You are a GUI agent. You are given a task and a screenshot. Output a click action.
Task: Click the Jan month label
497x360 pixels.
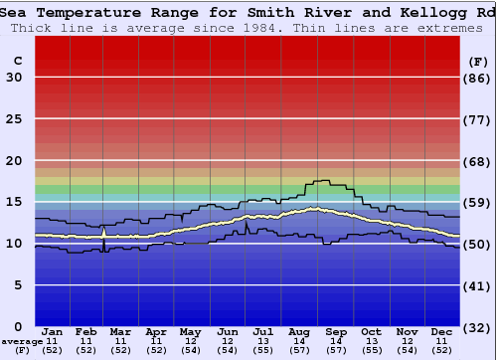click(x=53, y=331)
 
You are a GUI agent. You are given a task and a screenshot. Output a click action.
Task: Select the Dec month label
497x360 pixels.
click(x=443, y=331)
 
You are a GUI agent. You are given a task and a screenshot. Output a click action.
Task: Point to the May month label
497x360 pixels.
click(x=189, y=331)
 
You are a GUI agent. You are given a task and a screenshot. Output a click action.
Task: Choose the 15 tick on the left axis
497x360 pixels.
click(x=13, y=202)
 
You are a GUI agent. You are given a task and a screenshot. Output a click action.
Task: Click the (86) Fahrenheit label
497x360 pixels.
click(x=478, y=78)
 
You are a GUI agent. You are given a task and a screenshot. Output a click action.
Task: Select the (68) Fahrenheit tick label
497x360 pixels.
click(x=478, y=161)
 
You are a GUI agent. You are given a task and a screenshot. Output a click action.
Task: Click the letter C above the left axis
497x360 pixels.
click(x=17, y=61)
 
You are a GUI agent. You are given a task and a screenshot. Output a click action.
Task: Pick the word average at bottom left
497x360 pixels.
click(x=22, y=341)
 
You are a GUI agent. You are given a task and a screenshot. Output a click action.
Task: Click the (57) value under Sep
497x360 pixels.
click(x=336, y=350)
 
